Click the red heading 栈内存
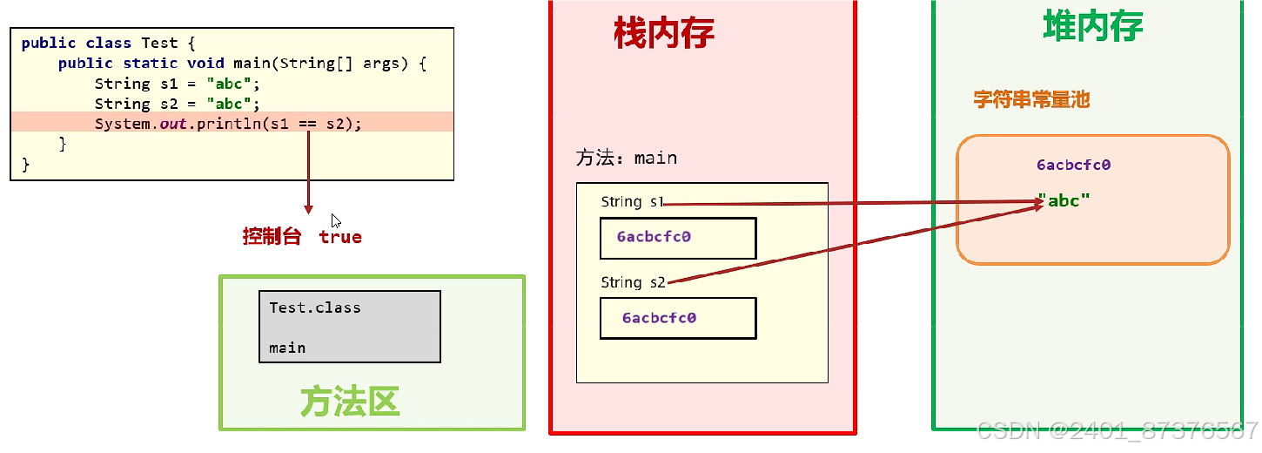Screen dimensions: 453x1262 click(664, 33)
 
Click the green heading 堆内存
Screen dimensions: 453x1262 click(1092, 27)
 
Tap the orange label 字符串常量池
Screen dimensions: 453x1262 click(1031, 99)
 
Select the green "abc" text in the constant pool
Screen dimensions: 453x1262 click(1064, 201)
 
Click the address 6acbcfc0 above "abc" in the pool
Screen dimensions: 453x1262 click(1073, 165)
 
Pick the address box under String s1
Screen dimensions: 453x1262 click(678, 238)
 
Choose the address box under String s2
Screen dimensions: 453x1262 click(678, 318)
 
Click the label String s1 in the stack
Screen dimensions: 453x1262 click(632, 202)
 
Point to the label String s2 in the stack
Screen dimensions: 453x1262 click(633, 282)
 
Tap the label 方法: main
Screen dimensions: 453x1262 click(626, 158)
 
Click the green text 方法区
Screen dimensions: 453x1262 click(350, 402)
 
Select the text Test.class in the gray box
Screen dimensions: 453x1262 click(314, 308)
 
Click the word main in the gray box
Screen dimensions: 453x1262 click(287, 348)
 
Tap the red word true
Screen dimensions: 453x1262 click(340, 237)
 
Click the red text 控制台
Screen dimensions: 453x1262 click(272, 236)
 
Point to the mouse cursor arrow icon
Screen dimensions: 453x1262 click(336, 220)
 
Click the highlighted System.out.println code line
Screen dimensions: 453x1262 click(227, 124)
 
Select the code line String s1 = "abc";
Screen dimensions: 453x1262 click(178, 84)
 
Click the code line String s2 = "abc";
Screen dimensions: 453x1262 click(178, 104)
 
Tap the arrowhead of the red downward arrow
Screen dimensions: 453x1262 click(308, 209)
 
